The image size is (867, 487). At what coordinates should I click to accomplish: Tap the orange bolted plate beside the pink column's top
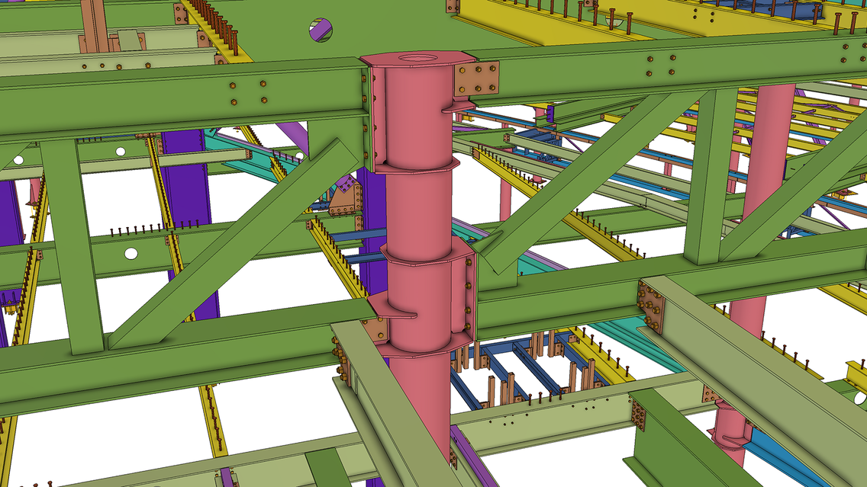pyautogui.click(x=476, y=78)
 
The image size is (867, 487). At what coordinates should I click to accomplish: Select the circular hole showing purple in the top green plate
pyautogui.click(x=321, y=30)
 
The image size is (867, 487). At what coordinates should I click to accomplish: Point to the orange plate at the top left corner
pyautogui.click(x=181, y=13)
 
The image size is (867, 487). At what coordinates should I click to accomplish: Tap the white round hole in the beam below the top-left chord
pyautogui.click(x=120, y=152)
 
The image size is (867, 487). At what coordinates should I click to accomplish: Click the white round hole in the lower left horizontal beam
pyautogui.click(x=131, y=253)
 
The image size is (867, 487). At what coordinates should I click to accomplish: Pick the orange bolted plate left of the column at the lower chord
pyautogui.click(x=375, y=329)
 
